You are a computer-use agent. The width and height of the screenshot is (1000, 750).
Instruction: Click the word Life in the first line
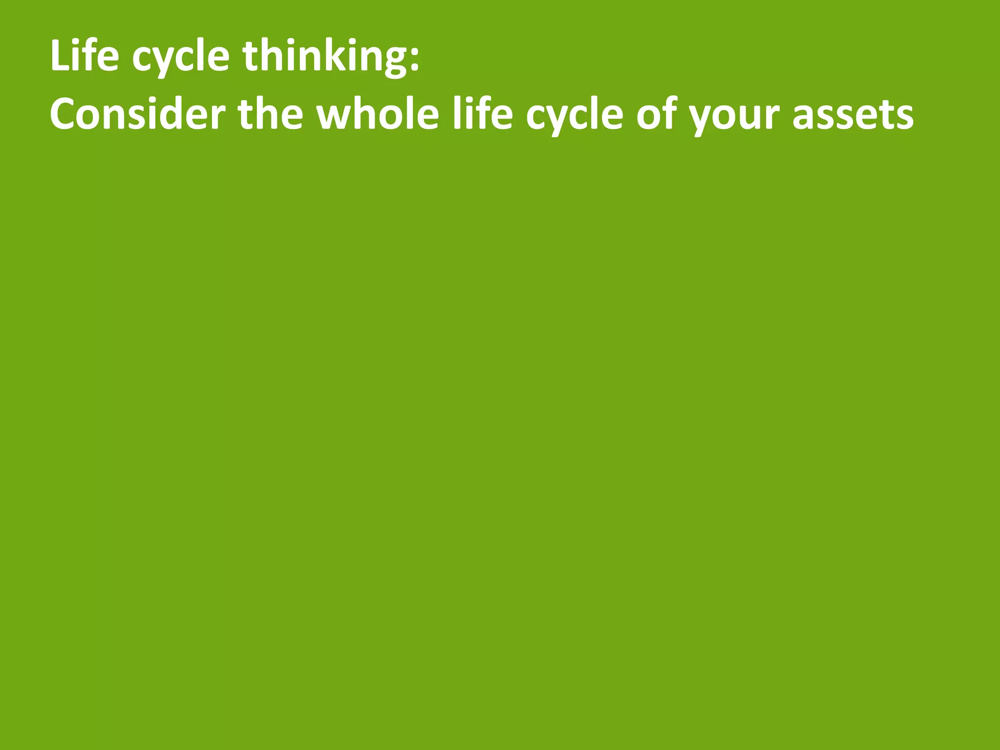coord(84,56)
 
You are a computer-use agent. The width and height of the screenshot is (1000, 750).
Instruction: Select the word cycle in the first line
coord(181,59)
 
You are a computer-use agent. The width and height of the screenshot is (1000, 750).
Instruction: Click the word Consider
coord(137,115)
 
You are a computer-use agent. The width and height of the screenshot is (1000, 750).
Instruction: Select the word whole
coord(378,115)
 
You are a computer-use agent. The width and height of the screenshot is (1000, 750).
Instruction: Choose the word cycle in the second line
coord(574,117)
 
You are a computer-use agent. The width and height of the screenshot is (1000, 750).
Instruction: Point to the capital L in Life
coord(60,56)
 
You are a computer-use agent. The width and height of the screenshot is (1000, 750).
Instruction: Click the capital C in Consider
coord(63,115)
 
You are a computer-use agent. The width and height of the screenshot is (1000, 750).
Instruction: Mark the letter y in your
coord(702,120)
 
